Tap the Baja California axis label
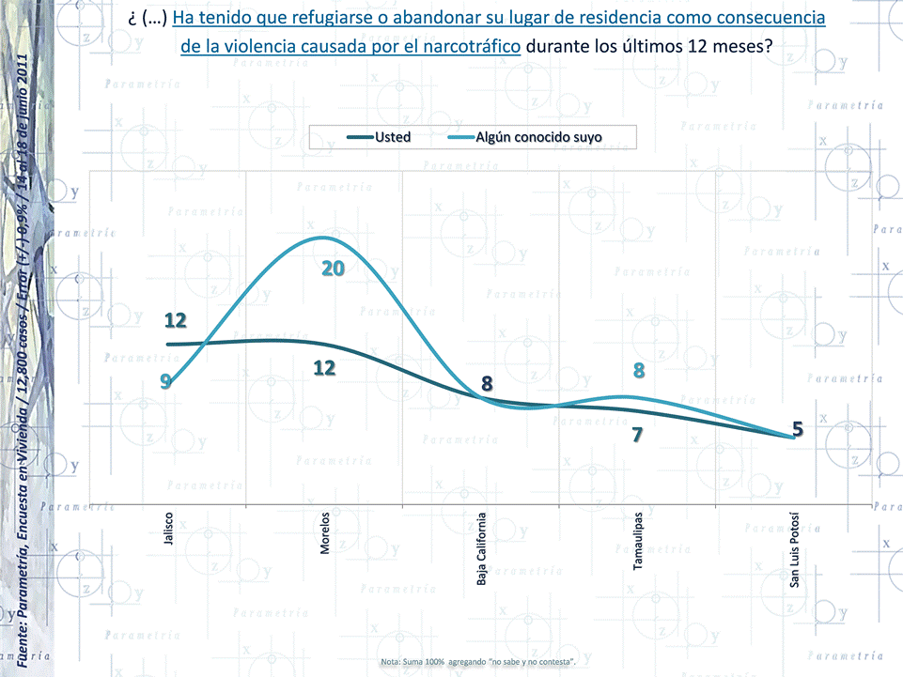[x=481, y=548]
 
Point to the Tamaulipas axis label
[x=638, y=541]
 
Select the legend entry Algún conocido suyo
[x=538, y=137]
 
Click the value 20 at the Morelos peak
[x=334, y=269]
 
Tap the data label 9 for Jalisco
[x=165, y=381]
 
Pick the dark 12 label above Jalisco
[x=176, y=320]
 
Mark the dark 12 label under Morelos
[x=324, y=368]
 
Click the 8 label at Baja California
[x=487, y=383]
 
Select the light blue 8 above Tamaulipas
[x=639, y=371]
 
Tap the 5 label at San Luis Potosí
[x=798, y=429]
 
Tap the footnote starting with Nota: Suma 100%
[x=477, y=663]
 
